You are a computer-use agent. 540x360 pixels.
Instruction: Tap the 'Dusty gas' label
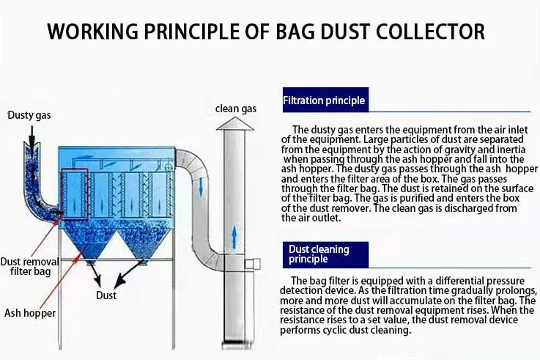pos(29,115)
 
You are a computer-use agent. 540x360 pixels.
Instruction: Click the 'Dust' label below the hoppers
pos(106,295)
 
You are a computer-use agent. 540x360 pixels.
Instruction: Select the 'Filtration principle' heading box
pos(325,100)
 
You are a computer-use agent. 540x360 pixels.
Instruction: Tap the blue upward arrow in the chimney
pos(234,236)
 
